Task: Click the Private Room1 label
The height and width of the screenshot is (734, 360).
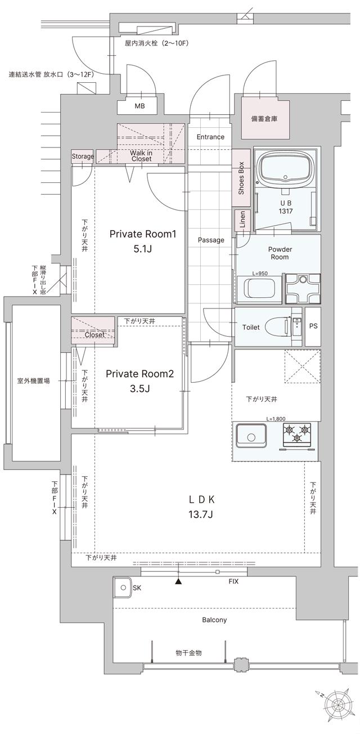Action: (x=143, y=234)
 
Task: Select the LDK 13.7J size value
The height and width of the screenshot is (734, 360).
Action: (x=200, y=514)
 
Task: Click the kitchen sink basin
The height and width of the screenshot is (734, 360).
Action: (x=251, y=436)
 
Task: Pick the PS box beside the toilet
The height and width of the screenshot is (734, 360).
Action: (x=312, y=326)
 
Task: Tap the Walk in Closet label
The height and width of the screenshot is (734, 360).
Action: (x=141, y=155)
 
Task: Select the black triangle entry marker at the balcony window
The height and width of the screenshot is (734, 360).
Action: (x=178, y=581)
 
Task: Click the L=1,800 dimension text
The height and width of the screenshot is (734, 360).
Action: (x=277, y=419)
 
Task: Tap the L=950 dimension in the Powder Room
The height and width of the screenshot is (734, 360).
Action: (x=260, y=273)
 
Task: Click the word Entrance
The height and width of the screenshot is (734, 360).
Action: (x=210, y=137)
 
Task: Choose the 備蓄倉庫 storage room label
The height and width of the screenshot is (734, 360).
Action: (x=264, y=119)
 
